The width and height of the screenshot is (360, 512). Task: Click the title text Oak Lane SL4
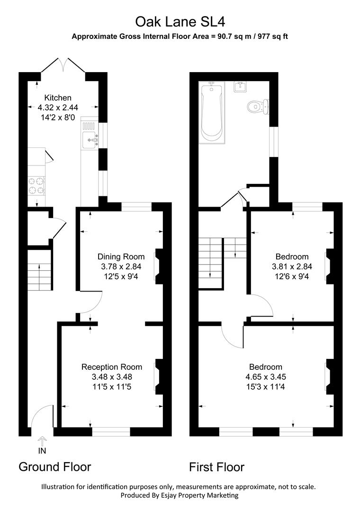tap(180, 21)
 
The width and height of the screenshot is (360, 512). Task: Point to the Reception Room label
tap(112, 366)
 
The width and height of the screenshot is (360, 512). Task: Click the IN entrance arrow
tap(42, 441)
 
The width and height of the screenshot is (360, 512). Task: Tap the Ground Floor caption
tap(54, 467)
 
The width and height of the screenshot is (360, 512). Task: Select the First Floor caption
tap(216, 467)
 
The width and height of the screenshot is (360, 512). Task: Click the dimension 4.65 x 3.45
tap(266, 377)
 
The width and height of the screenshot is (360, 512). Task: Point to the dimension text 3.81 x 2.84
tap(292, 267)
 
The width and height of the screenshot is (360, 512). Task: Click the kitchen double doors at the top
tap(63, 65)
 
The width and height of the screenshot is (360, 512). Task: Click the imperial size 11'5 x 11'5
tap(112, 387)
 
